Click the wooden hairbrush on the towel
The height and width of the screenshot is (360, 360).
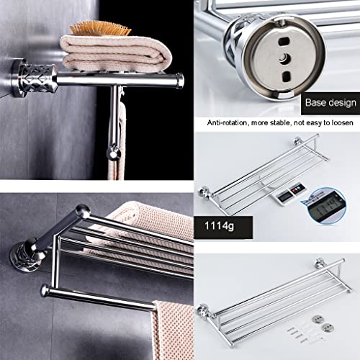tap(100, 28)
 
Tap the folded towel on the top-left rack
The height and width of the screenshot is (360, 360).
tap(116, 53)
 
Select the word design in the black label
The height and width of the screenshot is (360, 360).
tap(341, 103)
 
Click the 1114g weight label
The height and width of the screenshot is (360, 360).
tap(219, 226)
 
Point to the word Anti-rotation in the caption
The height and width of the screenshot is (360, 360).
tap(227, 123)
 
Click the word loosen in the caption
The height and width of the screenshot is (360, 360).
tap(343, 123)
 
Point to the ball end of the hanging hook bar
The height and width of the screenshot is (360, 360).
tap(114, 153)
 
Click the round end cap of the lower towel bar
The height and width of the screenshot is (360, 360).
tap(45, 290)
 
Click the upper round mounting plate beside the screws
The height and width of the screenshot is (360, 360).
tap(318, 319)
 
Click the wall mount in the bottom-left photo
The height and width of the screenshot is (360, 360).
tap(27, 256)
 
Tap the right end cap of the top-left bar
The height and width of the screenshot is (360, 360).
tap(179, 81)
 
